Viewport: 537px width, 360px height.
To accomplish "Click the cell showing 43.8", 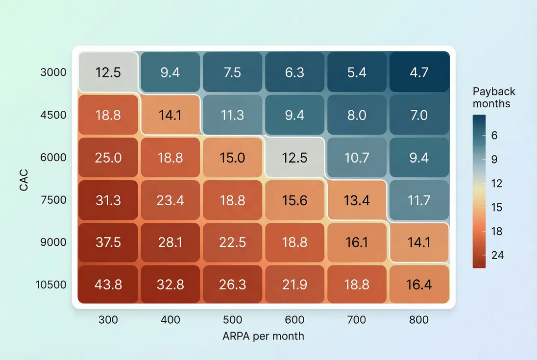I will [x=108, y=285].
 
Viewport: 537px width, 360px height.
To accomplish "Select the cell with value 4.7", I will [x=419, y=72].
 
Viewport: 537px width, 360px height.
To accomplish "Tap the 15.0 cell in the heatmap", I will [x=233, y=157].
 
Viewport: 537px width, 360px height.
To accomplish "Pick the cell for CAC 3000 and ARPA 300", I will [x=108, y=72].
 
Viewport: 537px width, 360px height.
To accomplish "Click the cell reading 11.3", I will [x=233, y=115].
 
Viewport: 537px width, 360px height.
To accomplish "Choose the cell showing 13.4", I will [x=357, y=200].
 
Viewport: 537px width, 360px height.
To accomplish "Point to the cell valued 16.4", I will [x=419, y=285].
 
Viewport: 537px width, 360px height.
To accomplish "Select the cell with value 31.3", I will [x=108, y=200].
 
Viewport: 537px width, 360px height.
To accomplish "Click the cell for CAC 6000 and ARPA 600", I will [x=294, y=157].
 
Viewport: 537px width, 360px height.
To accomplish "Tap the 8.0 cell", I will [x=357, y=115].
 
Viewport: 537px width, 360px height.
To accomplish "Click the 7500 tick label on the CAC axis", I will [x=53, y=200].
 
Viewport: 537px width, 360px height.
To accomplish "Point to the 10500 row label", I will [x=51, y=285].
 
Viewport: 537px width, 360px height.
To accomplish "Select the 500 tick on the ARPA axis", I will [x=233, y=320].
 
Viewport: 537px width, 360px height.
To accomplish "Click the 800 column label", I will [x=419, y=320].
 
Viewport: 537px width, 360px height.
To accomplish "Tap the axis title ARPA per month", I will [x=263, y=336].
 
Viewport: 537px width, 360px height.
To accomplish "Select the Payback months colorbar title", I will [x=494, y=97].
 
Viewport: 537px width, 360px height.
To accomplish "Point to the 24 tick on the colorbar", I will [x=497, y=255].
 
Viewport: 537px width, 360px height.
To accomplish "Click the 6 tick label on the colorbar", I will [x=494, y=135].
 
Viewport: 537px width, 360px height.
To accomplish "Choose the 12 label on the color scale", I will [x=497, y=183].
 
